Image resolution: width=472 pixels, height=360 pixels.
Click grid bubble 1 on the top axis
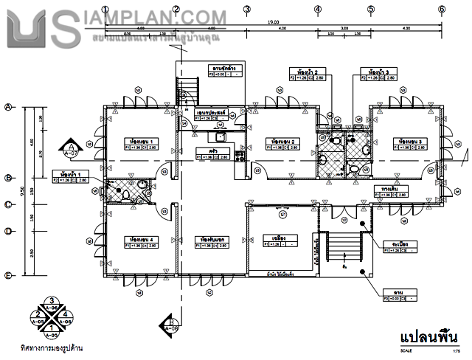(105, 9)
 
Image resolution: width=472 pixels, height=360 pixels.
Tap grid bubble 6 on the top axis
(442, 9)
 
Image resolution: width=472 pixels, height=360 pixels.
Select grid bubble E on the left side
(8, 276)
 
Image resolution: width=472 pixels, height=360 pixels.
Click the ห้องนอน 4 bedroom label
(140, 240)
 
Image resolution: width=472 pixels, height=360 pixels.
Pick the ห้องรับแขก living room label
(212, 240)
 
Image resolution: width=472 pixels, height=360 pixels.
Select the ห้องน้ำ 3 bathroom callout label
(373, 72)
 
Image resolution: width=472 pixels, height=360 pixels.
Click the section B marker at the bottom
(171, 322)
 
